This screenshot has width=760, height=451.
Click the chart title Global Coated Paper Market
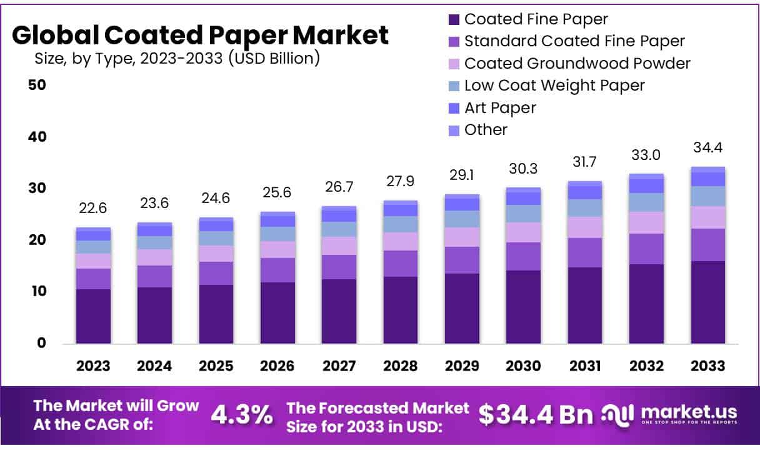tap(200, 36)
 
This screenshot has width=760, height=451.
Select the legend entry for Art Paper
tap(500, 108)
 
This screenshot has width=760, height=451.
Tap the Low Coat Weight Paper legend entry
tap(554, 85)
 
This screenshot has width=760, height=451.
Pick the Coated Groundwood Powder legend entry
tap(577, 63)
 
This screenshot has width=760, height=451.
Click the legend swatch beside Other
tap(454, 130)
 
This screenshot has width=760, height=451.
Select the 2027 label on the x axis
tap(339, 366)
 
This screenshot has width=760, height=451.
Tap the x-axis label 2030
tap(523, 366)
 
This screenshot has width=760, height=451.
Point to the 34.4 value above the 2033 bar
tap(708, 148)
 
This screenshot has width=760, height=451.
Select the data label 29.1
tap(462, 176)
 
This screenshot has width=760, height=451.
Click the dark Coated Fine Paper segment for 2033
tap(708, 302)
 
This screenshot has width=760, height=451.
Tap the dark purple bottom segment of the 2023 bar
tap(93, 316)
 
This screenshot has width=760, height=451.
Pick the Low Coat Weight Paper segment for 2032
tap(646, 202)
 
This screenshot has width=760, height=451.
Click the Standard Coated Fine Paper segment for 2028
tap(401, 264)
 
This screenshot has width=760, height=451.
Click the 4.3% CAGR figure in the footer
tap(241, 414)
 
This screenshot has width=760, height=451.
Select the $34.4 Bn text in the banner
tap(536, 414)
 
